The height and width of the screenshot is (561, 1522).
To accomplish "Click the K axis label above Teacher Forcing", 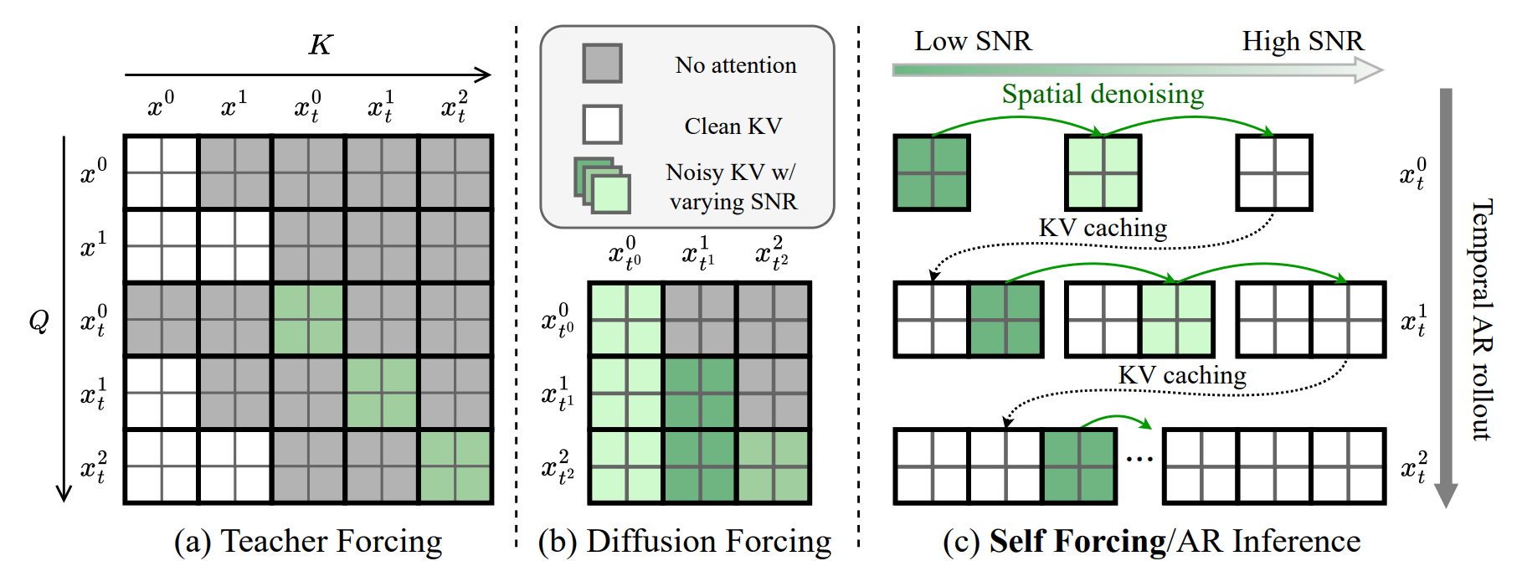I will pyautogui.click(x=321, y=44).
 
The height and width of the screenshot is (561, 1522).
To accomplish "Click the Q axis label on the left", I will pyautogui.click(x=39, y=320).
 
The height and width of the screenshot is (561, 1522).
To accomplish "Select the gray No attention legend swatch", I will pyautogui.click(x=602, y=64).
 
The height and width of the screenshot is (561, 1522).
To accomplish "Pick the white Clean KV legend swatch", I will pyautogui.click(x=602, y=125).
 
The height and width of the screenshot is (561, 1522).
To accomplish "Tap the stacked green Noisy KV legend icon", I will pyautogui.click(x=602, y=185).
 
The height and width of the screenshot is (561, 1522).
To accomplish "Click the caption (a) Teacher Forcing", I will pyautogui.click(x=308, y=542).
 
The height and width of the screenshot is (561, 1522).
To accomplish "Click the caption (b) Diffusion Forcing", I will pyautogui.click(x=685, y=542).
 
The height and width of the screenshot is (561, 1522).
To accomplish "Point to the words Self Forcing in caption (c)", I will pyautogui.click(x=1077, y=542).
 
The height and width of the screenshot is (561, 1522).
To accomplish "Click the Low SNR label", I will pyautogui.click(x=973, y=41).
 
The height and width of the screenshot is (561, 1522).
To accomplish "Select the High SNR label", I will pyautogui.click(x=1302, y=41).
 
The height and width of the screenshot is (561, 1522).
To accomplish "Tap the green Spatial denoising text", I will pyautogui.click(x=1103, y=94).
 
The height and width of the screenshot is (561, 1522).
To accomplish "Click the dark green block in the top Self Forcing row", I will pyautogui.click(x=932, y=173).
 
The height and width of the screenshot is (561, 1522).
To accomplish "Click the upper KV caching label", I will pyautogui.click(x=1103, y=228).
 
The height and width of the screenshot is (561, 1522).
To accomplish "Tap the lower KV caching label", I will pyautogui.click(x=1182, y=375).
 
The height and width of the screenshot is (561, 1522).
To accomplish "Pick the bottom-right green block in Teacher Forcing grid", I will pyautogui.click(x=455, y=466).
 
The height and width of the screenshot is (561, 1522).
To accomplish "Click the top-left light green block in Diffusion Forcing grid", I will pyautogui.click(x=626, y=319).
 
